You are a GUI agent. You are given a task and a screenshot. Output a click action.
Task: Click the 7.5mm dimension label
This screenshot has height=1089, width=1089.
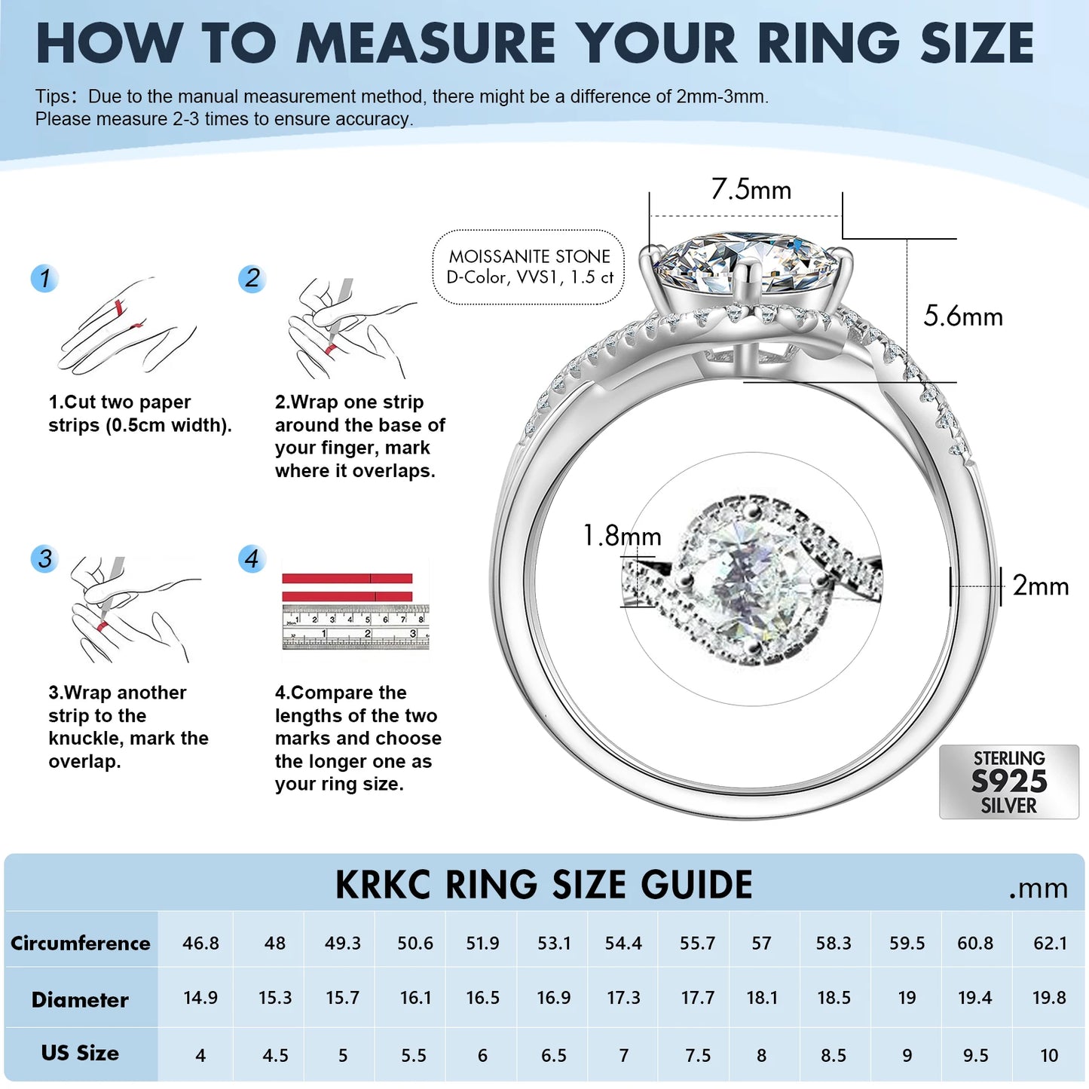(x=751, y=189)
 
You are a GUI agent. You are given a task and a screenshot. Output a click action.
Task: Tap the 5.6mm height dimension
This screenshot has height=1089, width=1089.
(x=963, y=316)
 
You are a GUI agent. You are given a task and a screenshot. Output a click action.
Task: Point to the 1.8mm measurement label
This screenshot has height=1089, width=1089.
(x=622, y=535)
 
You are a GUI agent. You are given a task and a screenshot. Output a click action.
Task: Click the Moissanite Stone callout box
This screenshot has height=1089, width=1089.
(x=528, y=268)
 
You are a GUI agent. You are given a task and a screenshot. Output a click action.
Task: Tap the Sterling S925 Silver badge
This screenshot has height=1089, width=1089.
(x=1009, y=782)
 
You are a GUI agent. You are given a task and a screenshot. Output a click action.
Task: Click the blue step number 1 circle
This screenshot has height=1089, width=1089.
(x=44, y=278)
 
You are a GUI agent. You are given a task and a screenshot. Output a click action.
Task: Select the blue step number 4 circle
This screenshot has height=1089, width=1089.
(x=252, y=559)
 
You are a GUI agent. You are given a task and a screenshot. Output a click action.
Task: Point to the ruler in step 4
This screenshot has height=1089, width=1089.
(x=356, y=627)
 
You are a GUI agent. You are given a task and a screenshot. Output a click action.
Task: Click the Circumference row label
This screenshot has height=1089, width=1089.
(x=80, y=944)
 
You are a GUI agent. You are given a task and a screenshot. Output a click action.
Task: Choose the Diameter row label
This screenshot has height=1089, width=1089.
(x=80, y=1000)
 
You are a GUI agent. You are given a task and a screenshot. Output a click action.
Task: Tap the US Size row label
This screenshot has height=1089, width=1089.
(x=80, y=1054)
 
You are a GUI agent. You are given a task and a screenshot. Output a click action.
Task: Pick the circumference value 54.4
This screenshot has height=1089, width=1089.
(x=623, y=944)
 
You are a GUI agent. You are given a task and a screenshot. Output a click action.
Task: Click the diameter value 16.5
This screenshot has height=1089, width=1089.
(x=482, y=998)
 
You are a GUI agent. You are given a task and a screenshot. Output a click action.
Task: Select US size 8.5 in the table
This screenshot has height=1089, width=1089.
(x=834, y=1055)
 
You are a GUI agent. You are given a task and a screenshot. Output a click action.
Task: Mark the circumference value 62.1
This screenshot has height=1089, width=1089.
(x=1050, y=944)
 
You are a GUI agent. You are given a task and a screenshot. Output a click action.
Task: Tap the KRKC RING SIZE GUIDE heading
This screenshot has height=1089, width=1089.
(x=543, y=885)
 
